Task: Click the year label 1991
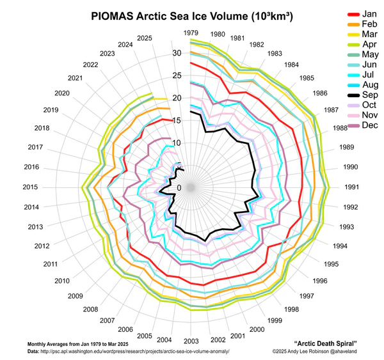pos(351,187)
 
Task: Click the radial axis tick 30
pos(177,53)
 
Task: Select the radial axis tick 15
pos(177,120)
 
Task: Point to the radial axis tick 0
pos(179,187)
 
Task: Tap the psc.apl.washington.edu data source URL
pos(134,352)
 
